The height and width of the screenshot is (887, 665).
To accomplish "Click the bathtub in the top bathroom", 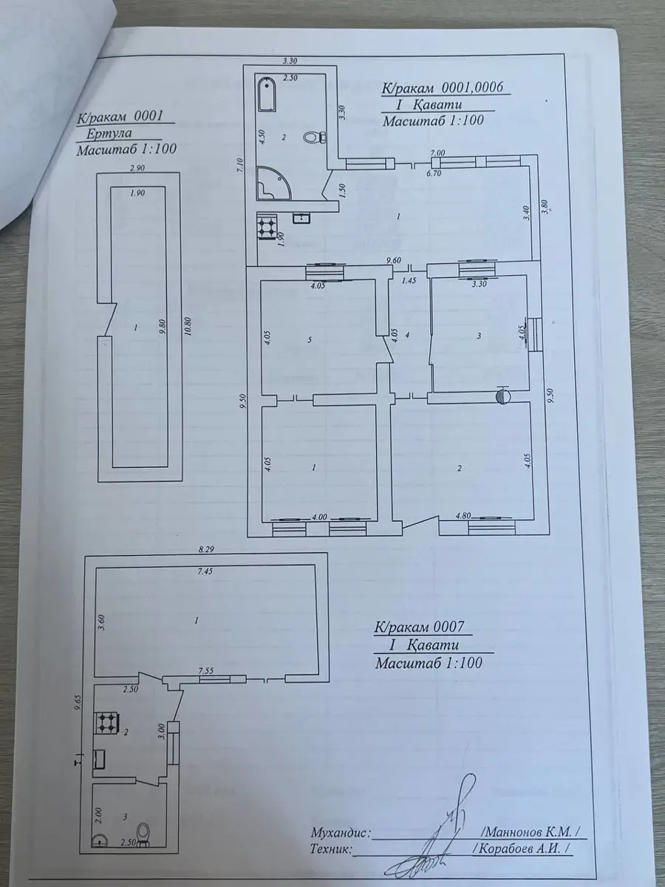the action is point(267,95).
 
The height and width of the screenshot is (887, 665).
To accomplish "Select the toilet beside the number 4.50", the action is point(316,137).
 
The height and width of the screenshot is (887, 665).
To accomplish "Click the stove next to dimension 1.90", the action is point(267,228).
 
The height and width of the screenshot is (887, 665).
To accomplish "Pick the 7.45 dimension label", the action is point(206,571).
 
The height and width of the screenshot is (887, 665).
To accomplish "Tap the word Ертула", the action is point(109,133).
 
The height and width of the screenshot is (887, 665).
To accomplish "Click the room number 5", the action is point(310,340).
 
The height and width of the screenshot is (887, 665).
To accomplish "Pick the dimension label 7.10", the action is point(241,166).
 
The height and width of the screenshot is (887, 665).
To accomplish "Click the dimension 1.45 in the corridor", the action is point(409,279).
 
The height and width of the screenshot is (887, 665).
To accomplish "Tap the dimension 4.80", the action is point(463,516).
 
